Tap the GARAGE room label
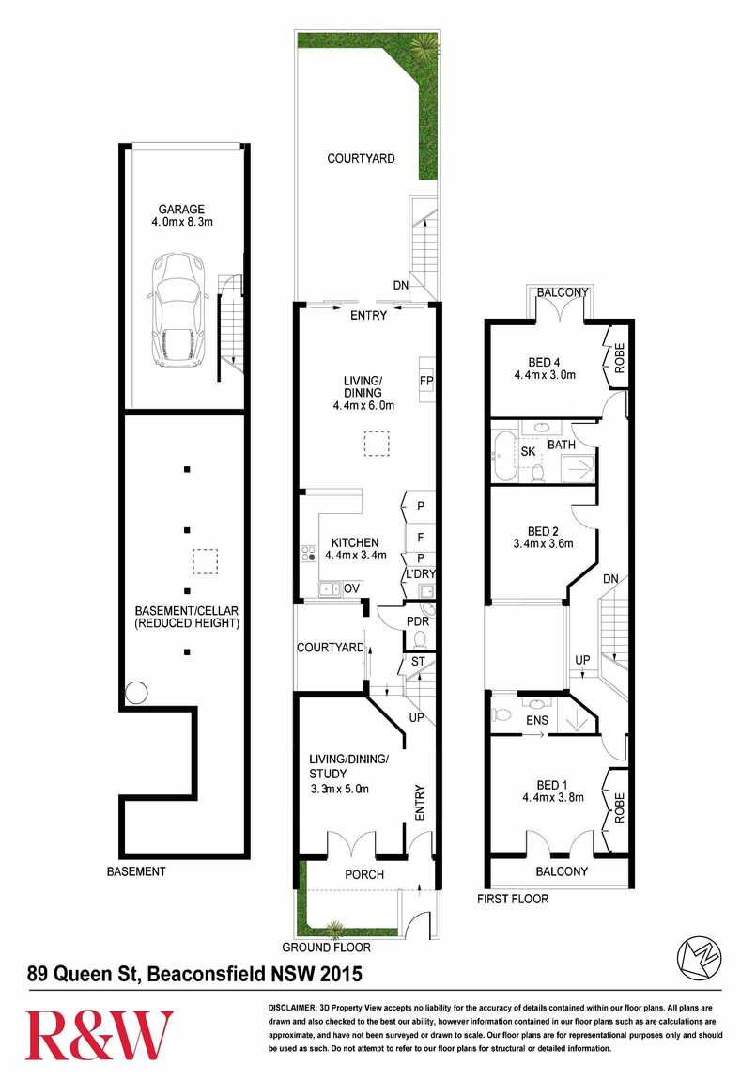point(181,209)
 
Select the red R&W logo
point(100,1035)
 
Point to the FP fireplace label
point(426,381)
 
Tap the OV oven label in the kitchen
point(352,588)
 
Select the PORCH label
point(364,874)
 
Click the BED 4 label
point(544,362)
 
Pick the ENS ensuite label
point(537,720)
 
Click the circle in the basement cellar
point(136,692)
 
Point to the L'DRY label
point(421,574)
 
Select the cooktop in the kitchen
point(308,553)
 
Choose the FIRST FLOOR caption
point(513,899)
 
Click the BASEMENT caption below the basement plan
point(136,871)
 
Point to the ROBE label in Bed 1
point(619,807)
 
